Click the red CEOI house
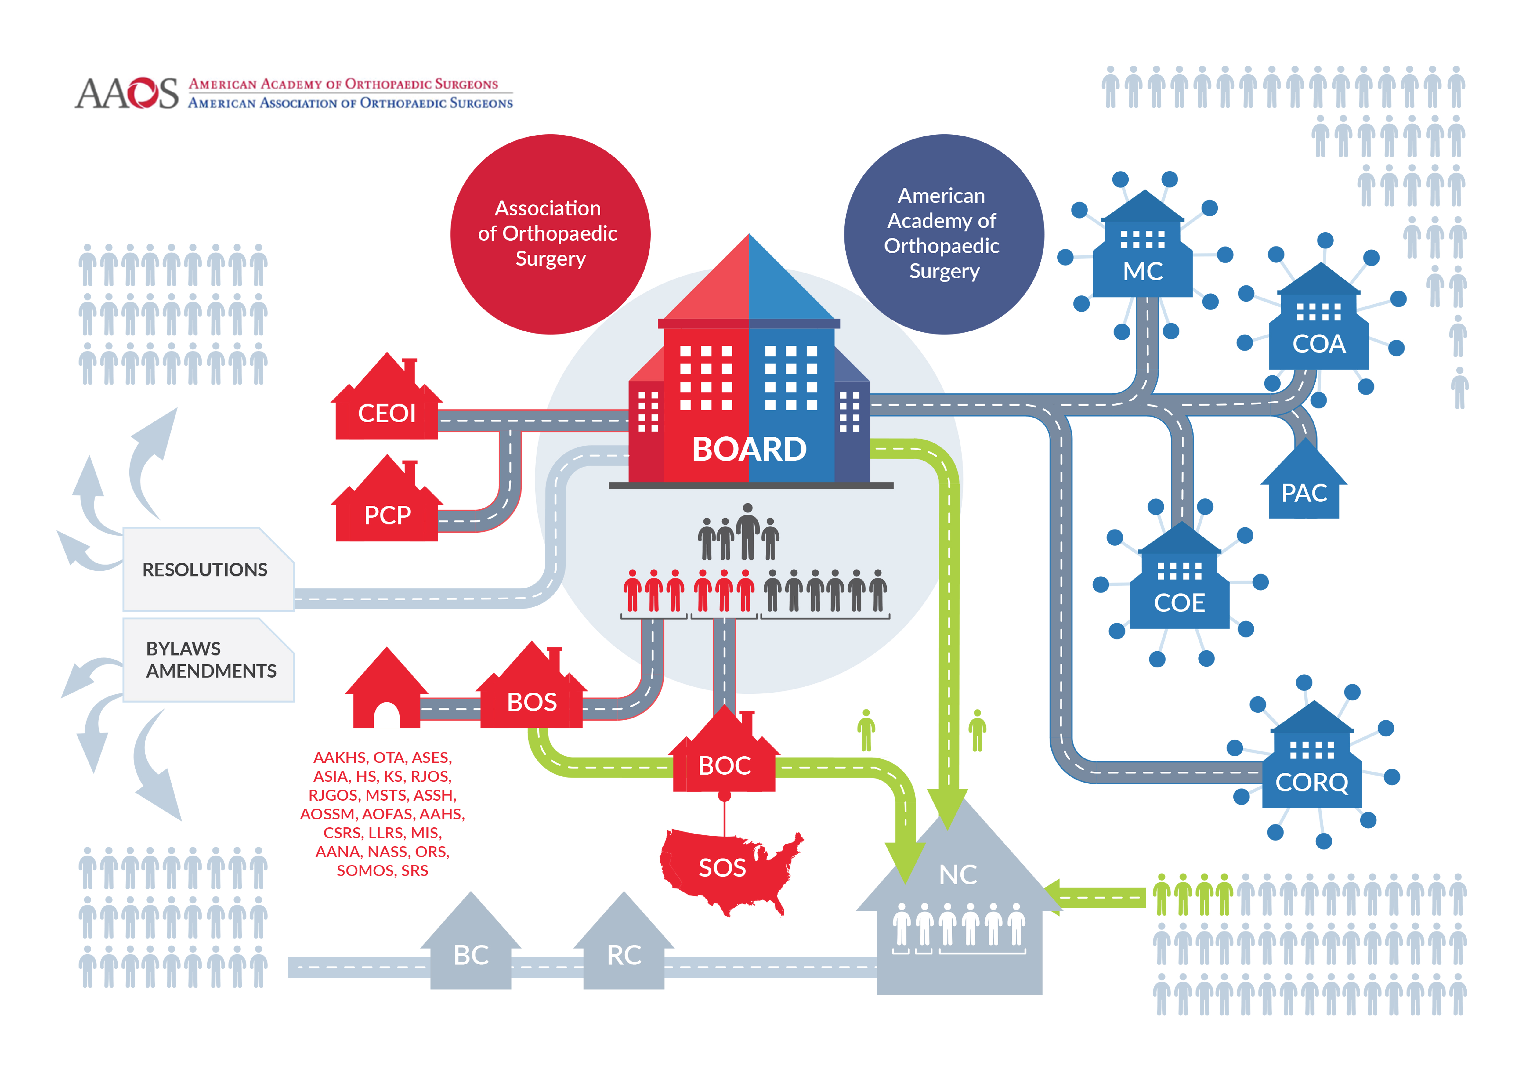click(x=387, y=405)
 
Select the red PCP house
click(x=387, y=508)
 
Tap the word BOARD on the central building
click(x=749, y=449)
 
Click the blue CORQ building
click(x=1311, y=771)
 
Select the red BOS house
click(x=532, y=695)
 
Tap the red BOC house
click(x=725, y=761)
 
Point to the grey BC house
click(x=471, y=950)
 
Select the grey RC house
click(x=624, y=950)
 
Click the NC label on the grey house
click(x=958, y=875)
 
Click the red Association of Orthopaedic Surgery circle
click(x=550, y=234)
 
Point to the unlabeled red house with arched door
click(x=386, y=695)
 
